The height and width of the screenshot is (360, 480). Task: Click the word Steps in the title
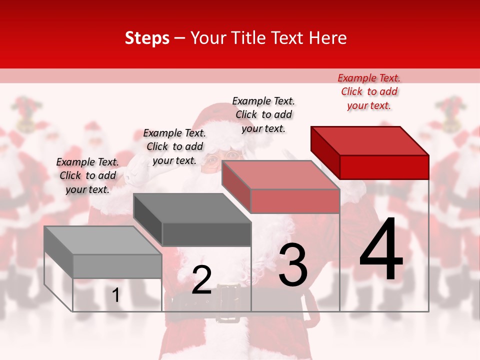(x=147, y=38)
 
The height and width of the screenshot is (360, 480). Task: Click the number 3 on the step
(x=293, y=264)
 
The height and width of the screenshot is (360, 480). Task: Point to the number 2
(x=201, y=280)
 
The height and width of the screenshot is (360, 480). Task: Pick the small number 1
(x=116, y=295)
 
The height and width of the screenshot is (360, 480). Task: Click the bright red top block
(x=370, y=152)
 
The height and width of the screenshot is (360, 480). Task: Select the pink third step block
(x=281, y=186)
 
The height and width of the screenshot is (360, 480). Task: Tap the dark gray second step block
(x=192, y=219)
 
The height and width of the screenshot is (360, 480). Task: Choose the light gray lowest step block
(x=103, y=252)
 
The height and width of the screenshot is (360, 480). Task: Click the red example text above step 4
(x=369, y=91)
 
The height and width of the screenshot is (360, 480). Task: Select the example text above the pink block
(x=263, y=114)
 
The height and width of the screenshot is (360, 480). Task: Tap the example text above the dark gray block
(x=174, y=146)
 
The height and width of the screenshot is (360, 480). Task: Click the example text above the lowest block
(x=87, y=175)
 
